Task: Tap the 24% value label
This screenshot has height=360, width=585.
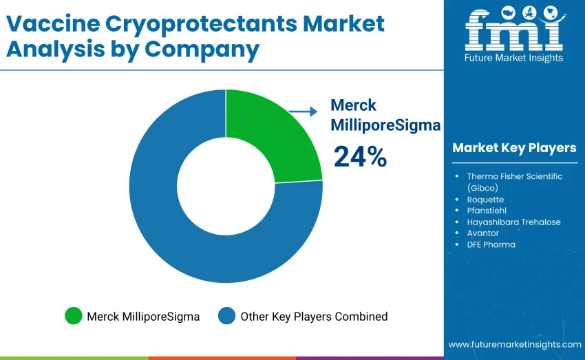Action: click(x=360, y=157)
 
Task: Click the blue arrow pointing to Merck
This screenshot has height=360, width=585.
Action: click(x=302, y=111)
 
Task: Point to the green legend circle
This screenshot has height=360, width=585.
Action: click(x=73, y=317)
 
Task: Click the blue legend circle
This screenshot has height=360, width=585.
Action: click(x=226, y=317)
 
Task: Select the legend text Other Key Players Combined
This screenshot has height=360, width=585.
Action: click(x=313, y=317)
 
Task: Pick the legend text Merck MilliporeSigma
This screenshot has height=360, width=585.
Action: click(x=143, y=317)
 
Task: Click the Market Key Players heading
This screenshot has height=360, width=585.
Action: click(x=514, y=148)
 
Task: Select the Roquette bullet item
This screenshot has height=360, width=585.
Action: click(x=485, y=200)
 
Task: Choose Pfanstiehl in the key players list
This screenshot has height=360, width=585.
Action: click(x=486, y=211)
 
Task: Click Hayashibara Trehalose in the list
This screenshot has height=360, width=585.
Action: click(x=513, y=222)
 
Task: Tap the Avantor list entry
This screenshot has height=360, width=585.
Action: click(x=482, y=233)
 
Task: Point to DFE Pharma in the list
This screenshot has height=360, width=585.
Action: click(x=491, y=244)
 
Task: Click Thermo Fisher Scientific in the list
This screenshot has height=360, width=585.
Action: click(x=514, y=176)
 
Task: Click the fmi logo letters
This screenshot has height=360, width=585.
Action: click(x=513, y=30)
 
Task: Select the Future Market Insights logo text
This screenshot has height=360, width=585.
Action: click(x=513, y=59)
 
